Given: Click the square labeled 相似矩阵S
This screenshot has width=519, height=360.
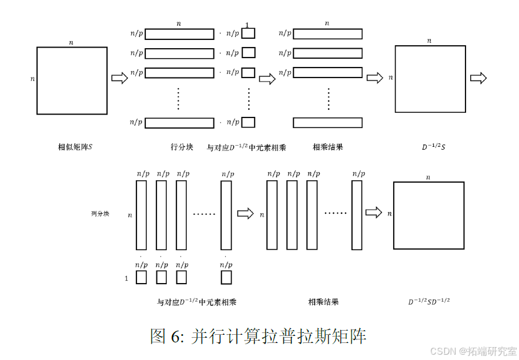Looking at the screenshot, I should pyautogui.click(x=72, y=80).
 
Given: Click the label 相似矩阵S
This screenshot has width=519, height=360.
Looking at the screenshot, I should pyautogui.click(x=71, y=147).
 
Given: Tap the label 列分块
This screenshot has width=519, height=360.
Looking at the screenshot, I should pyautogui.click(x=100, y=214).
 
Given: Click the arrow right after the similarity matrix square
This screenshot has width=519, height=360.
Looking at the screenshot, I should pyautogui.click(x=119, y=78).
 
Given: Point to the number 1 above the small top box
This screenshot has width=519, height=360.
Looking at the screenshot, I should pyautogui.click(x=247, y=25).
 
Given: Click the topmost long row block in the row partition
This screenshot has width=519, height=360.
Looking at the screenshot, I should pyautogui.click(x=179, y=34).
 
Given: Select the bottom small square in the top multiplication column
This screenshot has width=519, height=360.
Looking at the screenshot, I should pyautogui.click(x=248, y=122).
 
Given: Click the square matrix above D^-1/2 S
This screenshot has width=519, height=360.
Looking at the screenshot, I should pyautogui.click(x=430, y=79).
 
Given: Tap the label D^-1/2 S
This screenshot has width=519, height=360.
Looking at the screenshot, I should pyautogui.click(x=433, y=147).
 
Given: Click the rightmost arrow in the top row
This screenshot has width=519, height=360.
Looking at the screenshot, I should pyautogui.click(x=478, y=78).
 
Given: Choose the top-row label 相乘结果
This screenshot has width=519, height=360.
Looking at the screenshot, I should pyautogui.click(x=327, y=147).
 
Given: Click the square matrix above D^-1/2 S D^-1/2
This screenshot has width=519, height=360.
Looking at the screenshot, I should pyautogui.click(x=428, y=215).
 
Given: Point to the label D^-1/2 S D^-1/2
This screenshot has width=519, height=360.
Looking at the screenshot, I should pyautogui.click(x=429, y=302).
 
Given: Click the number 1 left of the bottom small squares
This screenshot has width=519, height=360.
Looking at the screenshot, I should pyautogui.click(x=126, y=278).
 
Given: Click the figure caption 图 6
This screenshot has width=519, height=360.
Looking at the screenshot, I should pyautogui.click(x=259, y=336).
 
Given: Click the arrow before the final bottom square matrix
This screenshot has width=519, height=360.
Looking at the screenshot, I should pyautogui.click(x=373, y=213).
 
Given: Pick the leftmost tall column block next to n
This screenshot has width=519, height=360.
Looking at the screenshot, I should pyautogui.click(x=141, y=215).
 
